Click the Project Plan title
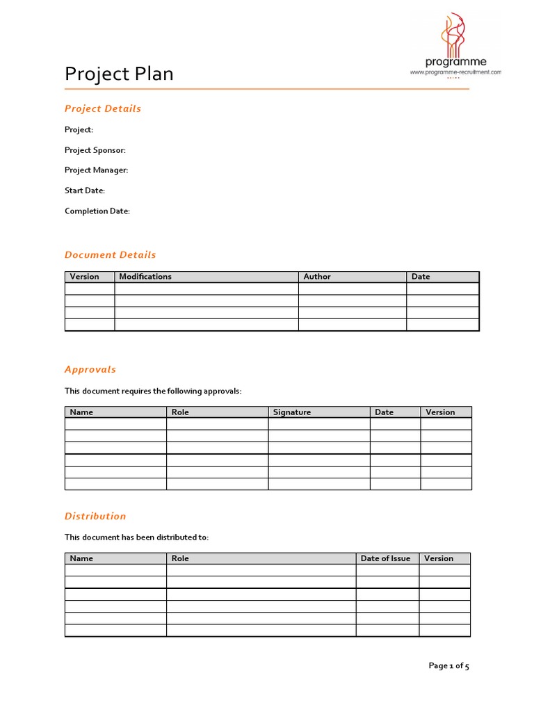[119, 74]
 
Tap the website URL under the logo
[455, 72]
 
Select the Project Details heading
[103, 108]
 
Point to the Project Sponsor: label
[95, 150]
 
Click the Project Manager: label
[97, 170]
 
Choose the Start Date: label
[85, 191]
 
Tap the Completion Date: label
[97, 211]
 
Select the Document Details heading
[111, 254]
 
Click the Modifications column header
[145, 277]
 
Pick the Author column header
[317, 277]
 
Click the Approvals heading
[90, 369]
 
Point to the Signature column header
[292, 412]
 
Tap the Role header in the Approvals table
[180, 412]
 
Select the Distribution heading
[95, 516]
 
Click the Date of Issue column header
[386, 558]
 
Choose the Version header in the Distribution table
[439, 558]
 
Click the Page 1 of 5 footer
[449, 666]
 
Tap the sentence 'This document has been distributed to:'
[137, 537]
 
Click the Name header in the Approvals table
[81, 412]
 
